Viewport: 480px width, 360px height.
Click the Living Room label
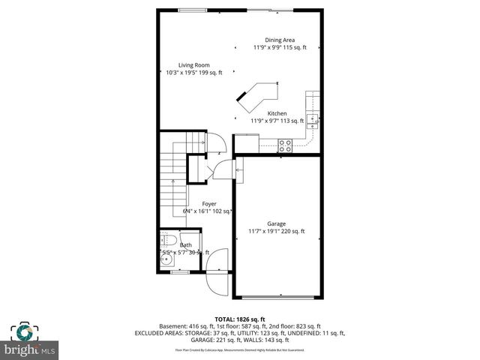pos(193,64)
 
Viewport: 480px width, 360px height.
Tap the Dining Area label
pos(278,40)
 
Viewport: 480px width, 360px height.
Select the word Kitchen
pos(277,113)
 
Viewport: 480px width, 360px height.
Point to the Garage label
pos(276,223)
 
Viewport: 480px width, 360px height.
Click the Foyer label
pos(208,203)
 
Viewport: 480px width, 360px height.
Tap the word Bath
pos(185,245)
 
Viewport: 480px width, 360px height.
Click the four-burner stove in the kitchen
pos(285,145)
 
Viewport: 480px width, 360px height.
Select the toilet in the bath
pos(169,241)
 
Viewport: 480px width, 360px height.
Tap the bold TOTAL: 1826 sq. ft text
pos(239,319)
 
